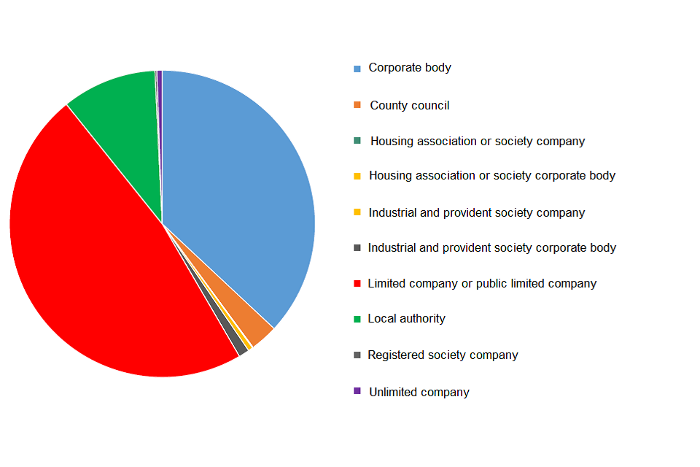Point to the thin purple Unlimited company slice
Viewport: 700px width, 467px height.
pos(159,80)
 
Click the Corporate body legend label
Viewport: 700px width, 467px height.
pos(410,68)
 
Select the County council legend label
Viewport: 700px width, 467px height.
pos(409,105)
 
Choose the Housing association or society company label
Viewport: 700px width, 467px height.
pos(478,141)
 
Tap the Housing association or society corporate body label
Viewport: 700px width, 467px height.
pos(492,176)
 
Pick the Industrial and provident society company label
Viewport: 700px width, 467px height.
pos(477,212)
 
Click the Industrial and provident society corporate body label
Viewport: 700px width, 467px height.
pos(492,248)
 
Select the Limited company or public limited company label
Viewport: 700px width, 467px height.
pos(482,283)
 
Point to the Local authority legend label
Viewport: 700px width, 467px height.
pos(406,319)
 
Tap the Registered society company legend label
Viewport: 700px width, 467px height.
pos(443,355)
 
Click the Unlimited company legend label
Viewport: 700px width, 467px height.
pos(419,392)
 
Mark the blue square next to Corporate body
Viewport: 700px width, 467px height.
pos(357,69)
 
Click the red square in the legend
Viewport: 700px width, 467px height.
pos(357,284)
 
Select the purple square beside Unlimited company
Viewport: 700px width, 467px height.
pos(357,391)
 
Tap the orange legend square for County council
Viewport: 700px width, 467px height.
pos(357,105)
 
